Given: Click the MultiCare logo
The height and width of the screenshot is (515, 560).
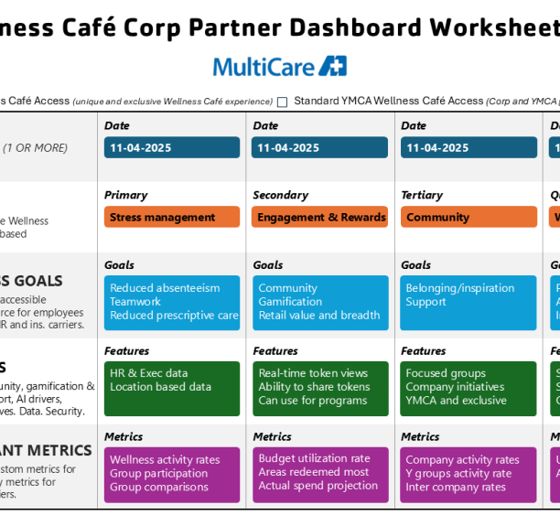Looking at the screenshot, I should click(x=279, y=66).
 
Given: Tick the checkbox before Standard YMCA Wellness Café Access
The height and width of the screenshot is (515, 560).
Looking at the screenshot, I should click(x=282, y=102).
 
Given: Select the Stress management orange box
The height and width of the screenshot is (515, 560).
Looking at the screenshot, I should click(x=171, y=218).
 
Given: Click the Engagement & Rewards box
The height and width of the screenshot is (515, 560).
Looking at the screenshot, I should click(x=320, y=218).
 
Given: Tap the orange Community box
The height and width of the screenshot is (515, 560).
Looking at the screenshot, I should click(x=468, y=218).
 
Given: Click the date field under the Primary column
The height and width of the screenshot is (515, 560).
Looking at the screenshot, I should click(x=171, y=147).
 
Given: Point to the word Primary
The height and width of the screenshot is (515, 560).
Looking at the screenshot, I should click(x=125, y=195).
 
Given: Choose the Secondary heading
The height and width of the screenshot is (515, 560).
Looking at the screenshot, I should click(x=280, y=195).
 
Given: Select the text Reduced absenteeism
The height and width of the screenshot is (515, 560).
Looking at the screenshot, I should click(x=165, y=288).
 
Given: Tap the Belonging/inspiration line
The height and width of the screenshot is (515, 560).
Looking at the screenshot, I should click(x=459, y=288).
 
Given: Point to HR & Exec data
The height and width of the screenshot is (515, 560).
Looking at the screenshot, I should click(x=149, y=373).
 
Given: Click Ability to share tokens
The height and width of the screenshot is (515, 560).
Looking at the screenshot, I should click(x=314, y=387).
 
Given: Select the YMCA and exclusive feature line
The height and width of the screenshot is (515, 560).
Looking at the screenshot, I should click(x=456, y=401).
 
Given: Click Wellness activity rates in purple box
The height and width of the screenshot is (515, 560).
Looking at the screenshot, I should click(x=165, y=460).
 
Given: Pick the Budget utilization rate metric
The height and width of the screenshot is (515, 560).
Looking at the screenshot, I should click(x=314, y=458).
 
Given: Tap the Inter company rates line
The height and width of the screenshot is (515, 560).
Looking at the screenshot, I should click(x=455, y=488).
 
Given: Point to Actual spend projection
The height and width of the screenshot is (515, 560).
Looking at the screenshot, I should click(x=318, y=486).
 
